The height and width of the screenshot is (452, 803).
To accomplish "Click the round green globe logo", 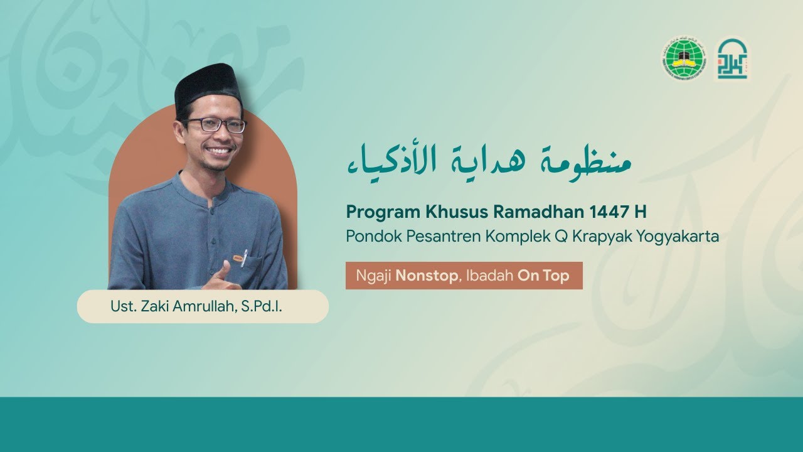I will point(684,59).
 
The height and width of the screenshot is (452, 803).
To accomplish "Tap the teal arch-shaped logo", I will point(732,59).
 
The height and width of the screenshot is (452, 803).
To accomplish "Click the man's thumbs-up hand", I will point(223,276).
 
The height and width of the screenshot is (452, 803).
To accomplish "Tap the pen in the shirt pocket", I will point(244,257).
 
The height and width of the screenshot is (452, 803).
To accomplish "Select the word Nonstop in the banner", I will point(427,276).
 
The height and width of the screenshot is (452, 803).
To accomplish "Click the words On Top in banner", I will point(543,276).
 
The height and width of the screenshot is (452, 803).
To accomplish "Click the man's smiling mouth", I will point(219,151).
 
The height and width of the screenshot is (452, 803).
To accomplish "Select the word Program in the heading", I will point(375,212).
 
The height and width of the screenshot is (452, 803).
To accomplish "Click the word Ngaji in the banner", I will point(374,276).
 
